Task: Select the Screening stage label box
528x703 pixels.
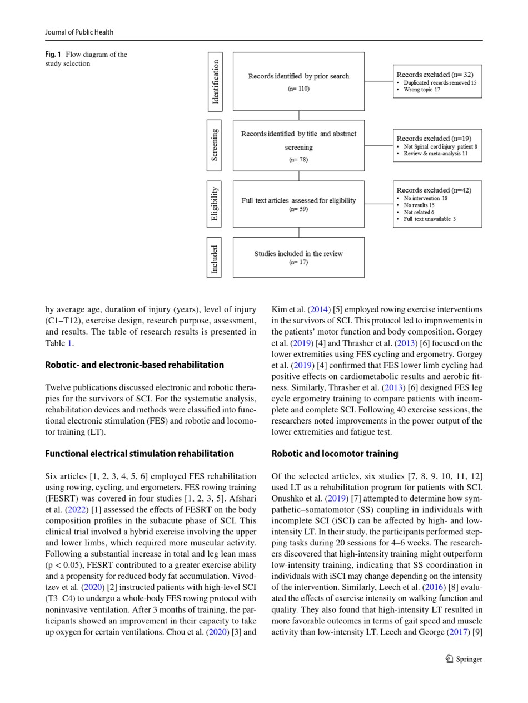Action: (215, 145)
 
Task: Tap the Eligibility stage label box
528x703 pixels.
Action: (215, 204)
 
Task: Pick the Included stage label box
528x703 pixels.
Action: (215, 257)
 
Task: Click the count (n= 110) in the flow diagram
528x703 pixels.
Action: (298, 89)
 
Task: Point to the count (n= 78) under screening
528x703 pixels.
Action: (298, 160)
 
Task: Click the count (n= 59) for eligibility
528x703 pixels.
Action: (298, 209)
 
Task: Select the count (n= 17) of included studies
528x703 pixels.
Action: (298, 262)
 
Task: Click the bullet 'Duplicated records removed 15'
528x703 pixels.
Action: (440, 82)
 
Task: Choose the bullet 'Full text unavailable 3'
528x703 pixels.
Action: (429, 219)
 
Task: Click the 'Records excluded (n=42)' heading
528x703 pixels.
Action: (434, 190)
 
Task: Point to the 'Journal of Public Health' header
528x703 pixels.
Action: (79, 32)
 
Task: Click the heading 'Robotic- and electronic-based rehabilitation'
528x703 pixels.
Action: (135, 365)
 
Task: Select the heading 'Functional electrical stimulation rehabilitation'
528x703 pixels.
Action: (140, 454)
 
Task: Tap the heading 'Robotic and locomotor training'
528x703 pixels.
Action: (335, 454)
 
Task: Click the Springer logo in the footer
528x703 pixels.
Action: (464, 659)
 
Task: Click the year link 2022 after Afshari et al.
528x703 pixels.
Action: (77, 509)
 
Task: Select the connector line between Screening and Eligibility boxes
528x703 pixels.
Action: (299, 175)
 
